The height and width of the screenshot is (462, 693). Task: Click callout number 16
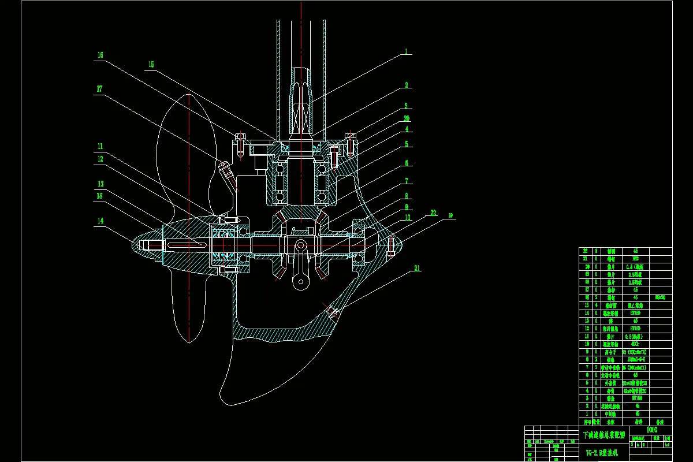click(100, 55)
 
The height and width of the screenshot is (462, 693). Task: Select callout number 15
click(151, 64)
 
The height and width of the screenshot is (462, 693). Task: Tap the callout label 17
click(100, 88)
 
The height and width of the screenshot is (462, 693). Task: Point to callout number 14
click(100, 220)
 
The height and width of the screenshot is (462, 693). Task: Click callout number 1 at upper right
click(405, 51)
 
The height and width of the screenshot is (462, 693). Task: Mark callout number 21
click(416, 268)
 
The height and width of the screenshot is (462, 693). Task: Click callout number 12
click(100, 159)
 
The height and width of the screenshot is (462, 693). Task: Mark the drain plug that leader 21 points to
click(332, 313)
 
